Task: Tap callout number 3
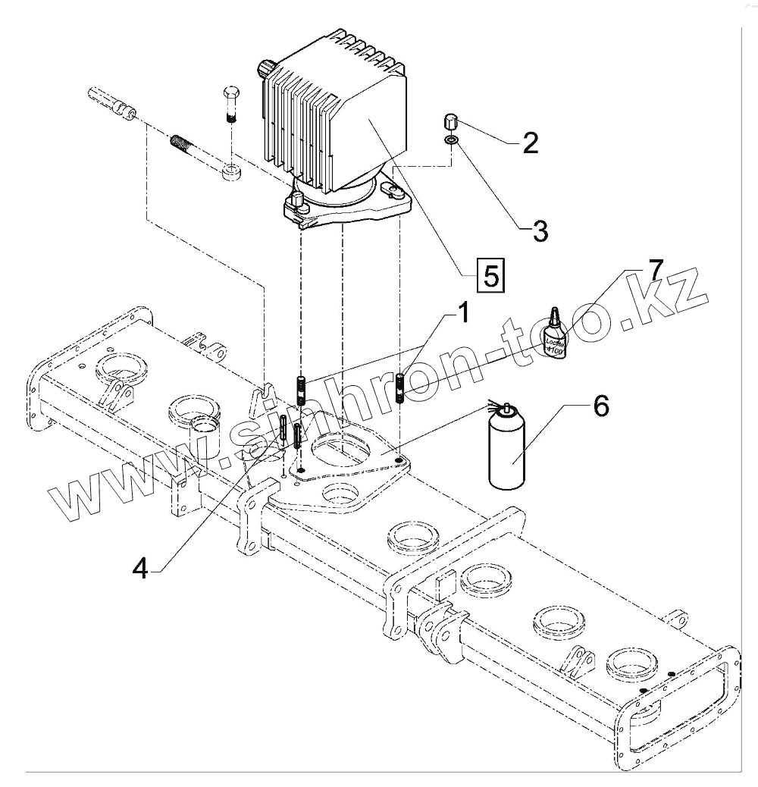click(540, 230)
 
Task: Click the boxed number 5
click(490, 274)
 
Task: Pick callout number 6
click(599, 406)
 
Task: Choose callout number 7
click(654, 269)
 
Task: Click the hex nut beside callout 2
click(449, 121)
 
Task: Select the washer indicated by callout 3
click(450, 140)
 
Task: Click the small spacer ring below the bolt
click(232, 171)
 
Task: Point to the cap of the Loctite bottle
click(555, 315)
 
